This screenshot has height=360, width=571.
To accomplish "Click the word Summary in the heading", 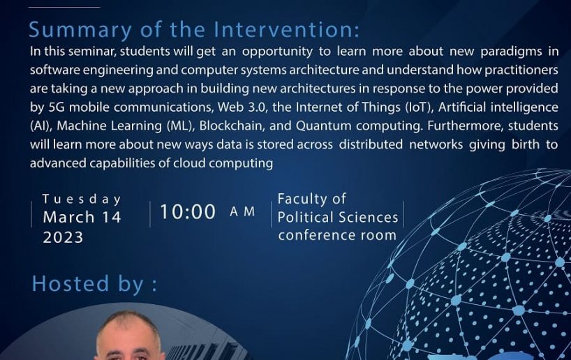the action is [80, 30].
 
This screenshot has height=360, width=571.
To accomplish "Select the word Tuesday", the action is [82, 199].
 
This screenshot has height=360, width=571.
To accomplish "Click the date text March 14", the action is [82, 217].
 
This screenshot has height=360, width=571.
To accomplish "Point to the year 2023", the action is [63, 237].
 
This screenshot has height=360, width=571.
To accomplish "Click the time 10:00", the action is [188, 212].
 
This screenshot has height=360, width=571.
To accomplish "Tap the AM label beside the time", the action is [242, 211].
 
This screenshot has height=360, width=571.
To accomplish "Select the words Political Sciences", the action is [338, 217].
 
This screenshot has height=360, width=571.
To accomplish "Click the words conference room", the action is [337, 235].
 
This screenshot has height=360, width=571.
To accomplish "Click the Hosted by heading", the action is [94, 283].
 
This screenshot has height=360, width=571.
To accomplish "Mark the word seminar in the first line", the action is [93, 52].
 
